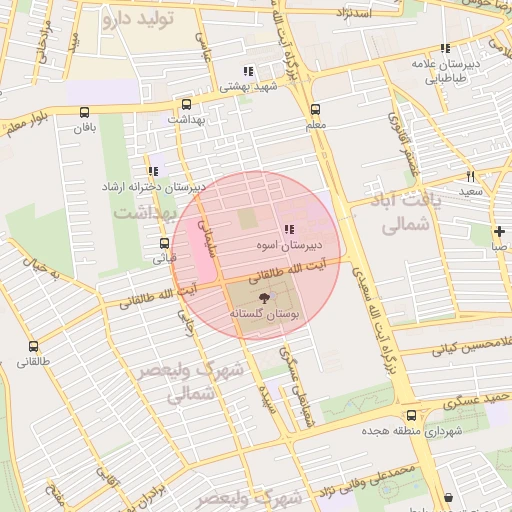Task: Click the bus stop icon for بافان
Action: [82, 112]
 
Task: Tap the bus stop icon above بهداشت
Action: [186, 104]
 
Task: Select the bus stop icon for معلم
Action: [315, 110]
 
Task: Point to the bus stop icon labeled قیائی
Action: [164, 242]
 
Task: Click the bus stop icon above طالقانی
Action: [32, 346]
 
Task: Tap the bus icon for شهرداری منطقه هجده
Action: [411, 415]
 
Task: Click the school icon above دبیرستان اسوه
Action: [289, 230]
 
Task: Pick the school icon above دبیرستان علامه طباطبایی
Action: [445, 48]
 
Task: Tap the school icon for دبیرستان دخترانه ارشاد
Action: [152, 171]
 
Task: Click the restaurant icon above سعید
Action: [470, 176]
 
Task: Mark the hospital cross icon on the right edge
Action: [498, 231]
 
